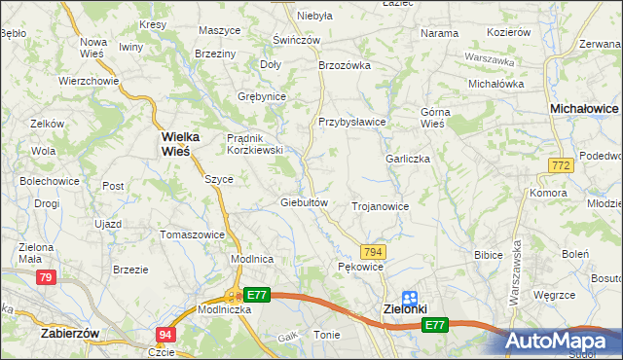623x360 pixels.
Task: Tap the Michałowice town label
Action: (x=585, y=110)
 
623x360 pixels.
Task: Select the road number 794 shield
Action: (x=373, y=252)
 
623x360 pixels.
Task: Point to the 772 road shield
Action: (x=559, y=167)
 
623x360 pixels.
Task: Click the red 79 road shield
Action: (x=45, y=278)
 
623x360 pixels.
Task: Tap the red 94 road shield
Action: (x=165, y=335)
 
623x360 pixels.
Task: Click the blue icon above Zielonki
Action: (x=410, y=299)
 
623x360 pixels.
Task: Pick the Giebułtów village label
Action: (x=308, y=202)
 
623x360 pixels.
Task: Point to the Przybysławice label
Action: (x=352, y=122)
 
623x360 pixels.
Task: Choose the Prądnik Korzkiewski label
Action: (x=254, y=144)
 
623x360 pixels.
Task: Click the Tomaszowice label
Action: (x=193, y=234)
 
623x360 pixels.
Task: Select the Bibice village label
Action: (x=487, y=254)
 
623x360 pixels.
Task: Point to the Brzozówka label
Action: (x=346, y=65)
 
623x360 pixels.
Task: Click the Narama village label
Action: (x=439, y=33)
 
